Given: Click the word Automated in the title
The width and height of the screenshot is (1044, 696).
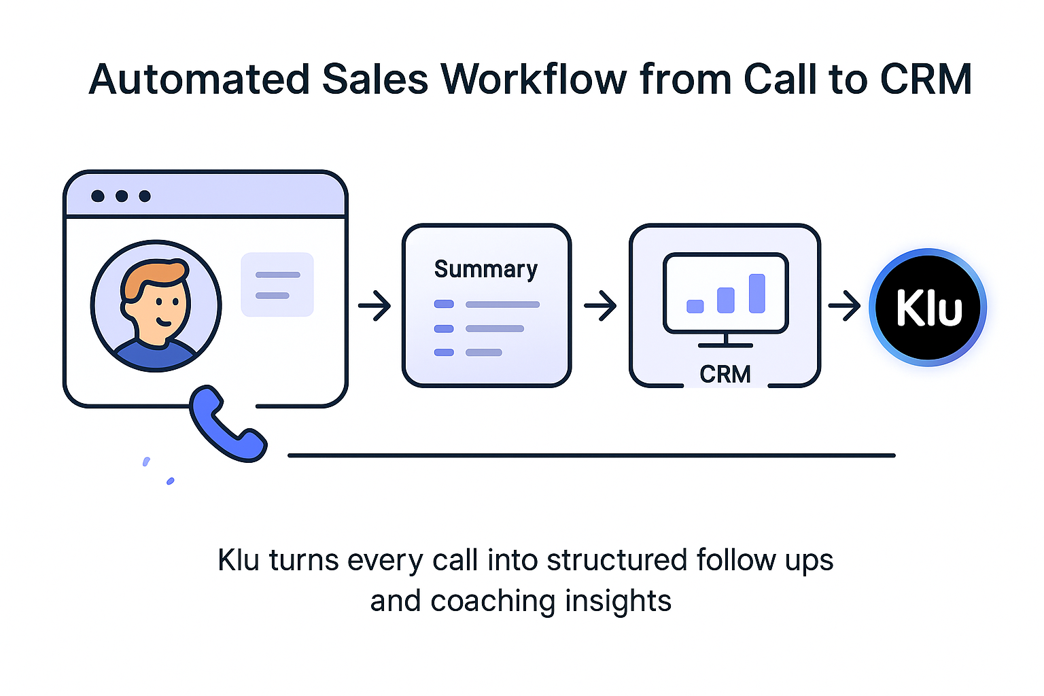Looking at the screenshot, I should (x=199, y=80).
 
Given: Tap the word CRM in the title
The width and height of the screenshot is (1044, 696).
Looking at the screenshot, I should (x=926, y=80).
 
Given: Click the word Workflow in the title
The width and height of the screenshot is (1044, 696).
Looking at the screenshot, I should (x=534, y=80).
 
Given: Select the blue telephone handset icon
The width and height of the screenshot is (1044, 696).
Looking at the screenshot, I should (x=226, y=424).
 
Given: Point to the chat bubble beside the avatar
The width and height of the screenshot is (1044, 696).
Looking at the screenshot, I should (x=277, y=285).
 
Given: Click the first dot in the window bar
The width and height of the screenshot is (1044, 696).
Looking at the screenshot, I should (x=98, y=196).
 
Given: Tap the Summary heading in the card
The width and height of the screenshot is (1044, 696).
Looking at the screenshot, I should (x=485, y=269).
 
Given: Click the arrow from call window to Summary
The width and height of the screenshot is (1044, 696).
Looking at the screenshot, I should (x=375, y=305).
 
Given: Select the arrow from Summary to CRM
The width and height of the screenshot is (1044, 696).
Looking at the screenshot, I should (x=600, y=305).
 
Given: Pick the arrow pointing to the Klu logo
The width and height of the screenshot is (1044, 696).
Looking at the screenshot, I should (x=844, y=306).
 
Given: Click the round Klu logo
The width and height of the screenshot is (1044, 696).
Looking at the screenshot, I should (x=928, y=307).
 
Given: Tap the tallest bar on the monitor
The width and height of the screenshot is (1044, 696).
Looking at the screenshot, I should (x=756, y=293).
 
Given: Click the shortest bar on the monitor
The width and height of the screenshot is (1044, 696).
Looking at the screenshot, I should (x=695, y=306).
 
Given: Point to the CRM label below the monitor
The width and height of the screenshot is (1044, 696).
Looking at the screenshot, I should (x=725, y=375).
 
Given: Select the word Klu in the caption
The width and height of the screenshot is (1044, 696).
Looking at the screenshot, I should (x=239, y=561).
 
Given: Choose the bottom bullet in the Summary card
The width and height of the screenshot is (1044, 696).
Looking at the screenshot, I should (x=444, y=352).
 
